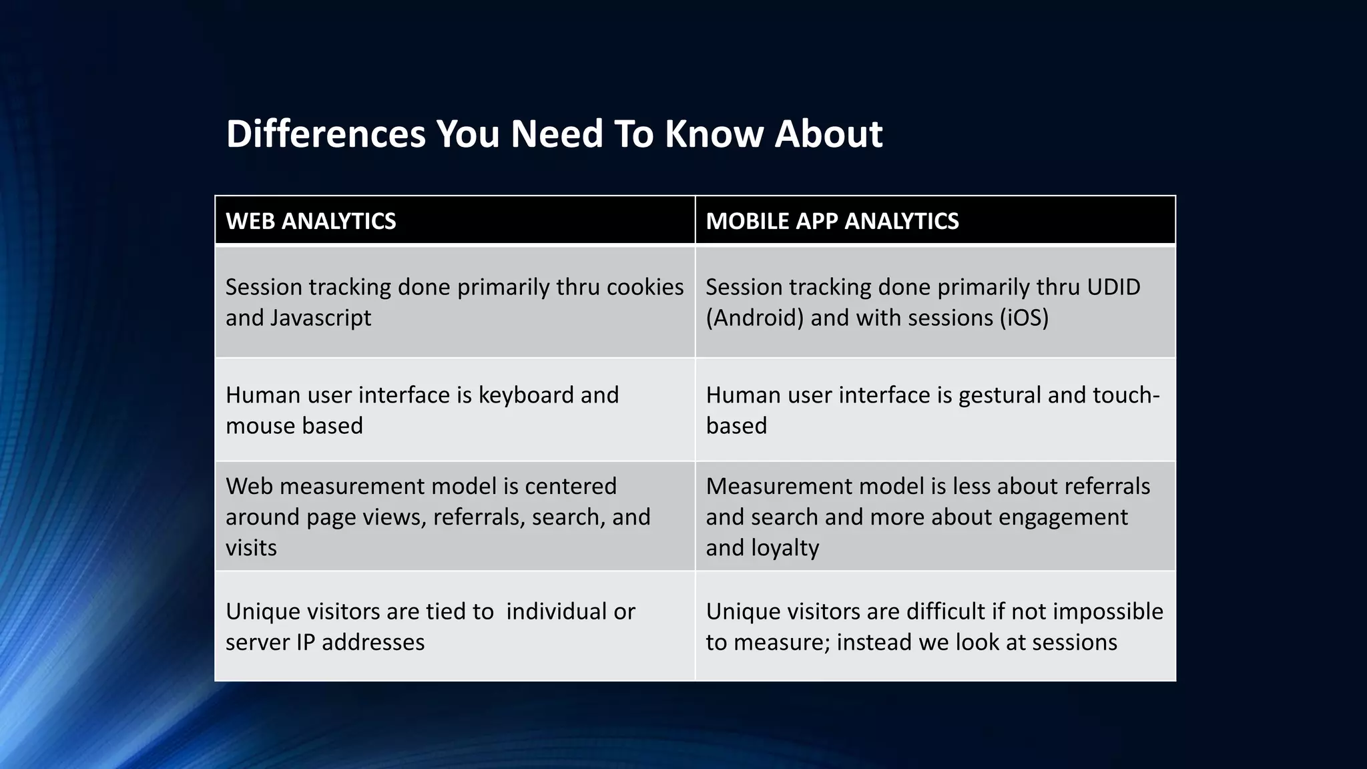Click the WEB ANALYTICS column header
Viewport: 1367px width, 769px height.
(x=311, y=221)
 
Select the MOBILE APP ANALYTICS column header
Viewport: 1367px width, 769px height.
(x=832, y=221)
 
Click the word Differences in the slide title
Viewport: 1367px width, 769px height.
(x=325, y=134)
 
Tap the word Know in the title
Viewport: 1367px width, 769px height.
(x=712, y=134)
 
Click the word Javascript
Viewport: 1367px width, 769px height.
(x=320, y=318)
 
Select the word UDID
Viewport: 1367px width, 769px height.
(x=1113, y=287)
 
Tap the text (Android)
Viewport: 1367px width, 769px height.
(x=754, y=318)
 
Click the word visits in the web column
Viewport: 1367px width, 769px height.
(x=251, y=548)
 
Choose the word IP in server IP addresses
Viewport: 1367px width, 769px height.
(x=305, y=642)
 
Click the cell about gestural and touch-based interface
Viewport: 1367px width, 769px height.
(x=934, y=410)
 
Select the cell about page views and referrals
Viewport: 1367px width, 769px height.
(x=454, y=517)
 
